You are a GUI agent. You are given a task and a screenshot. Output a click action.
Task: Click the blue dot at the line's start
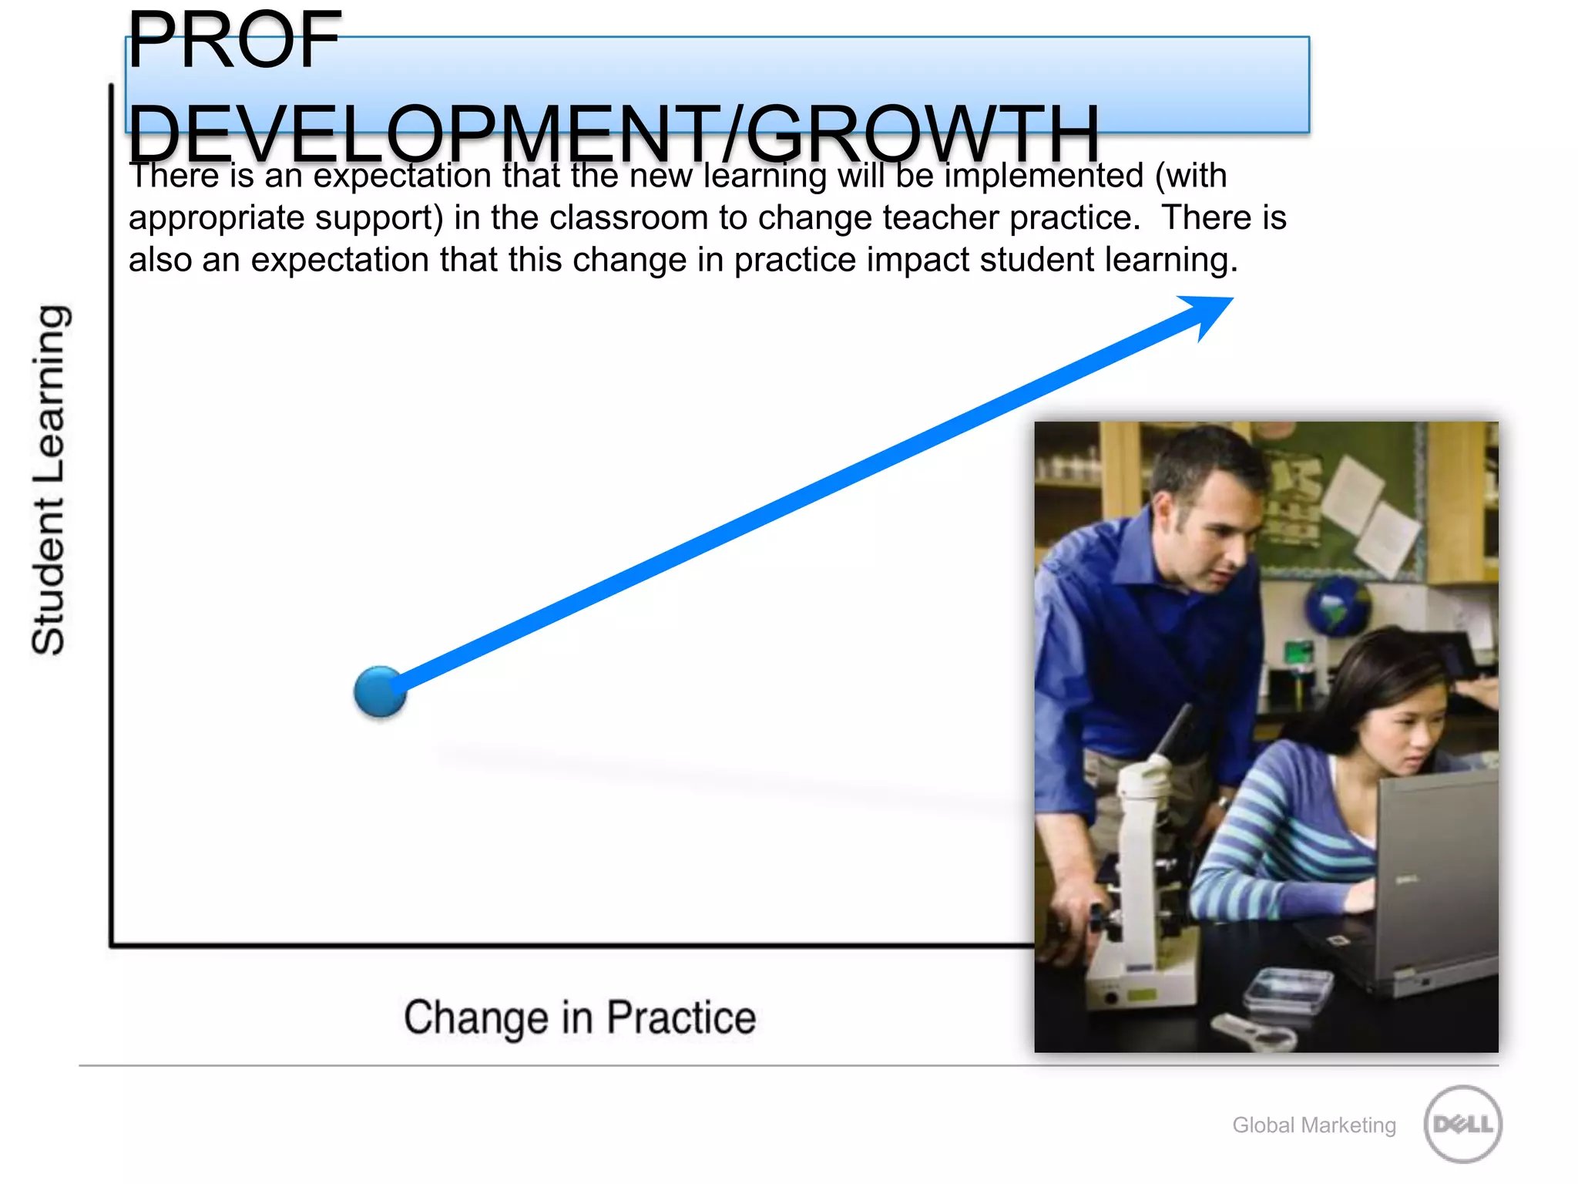[380, 691]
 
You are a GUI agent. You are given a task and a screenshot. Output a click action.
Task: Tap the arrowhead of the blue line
[1210, 312]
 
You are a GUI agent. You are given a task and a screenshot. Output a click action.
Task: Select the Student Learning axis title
[50, 479]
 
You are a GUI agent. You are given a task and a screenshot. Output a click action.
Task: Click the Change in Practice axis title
[579, 1017]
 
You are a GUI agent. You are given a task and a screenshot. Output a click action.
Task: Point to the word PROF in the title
[234, 40]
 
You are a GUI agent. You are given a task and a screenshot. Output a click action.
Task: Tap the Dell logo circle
[1462, 1124]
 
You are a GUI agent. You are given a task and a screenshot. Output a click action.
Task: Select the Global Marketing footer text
[1314, 1125]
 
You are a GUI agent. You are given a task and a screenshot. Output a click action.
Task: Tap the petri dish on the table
[1287, 987]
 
